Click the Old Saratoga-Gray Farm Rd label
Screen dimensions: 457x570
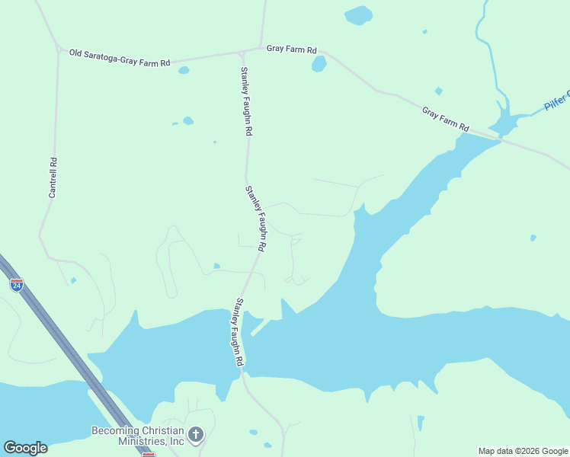pos(119,58)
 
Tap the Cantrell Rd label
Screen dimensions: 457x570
pos(53,177)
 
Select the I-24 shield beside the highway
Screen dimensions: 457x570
pos(17,285)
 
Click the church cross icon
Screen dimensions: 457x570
pos(196,435)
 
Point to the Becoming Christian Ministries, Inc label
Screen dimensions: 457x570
pos(138,435)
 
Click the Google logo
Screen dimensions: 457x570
pos(25,448)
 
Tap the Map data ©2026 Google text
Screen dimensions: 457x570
pos(523,451)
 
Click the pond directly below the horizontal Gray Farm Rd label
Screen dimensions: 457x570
pos(319,64)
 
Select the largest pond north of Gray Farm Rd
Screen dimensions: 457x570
pos(358,15)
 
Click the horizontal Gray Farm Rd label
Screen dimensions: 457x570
pos(291,49)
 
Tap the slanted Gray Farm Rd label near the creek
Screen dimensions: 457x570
pos(446,118)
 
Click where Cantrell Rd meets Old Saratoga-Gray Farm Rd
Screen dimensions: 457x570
pos(59,50)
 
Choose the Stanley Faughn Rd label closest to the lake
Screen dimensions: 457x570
pos(239,332)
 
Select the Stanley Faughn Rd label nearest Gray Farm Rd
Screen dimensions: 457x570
pos(246,101)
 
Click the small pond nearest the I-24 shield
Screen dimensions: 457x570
pos(73,281)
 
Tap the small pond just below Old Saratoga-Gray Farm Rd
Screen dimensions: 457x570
pos(183,71)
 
